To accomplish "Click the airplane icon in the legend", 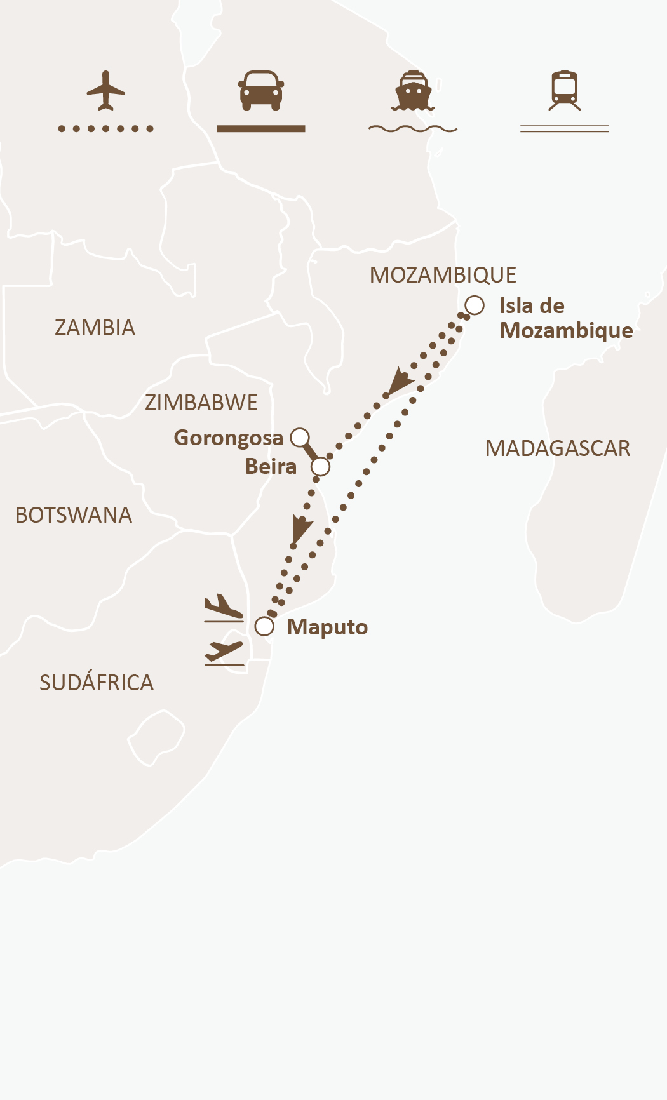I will coord(105,91).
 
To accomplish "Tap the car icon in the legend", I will coord(261,90).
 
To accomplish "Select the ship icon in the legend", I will coord(413,91).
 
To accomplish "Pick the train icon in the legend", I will coord(565,91).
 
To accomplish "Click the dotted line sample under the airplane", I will coord(105,129).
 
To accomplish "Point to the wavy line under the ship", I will coord(413,129).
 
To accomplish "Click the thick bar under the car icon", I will coord(261,129).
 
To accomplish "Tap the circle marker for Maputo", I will coord(264,627).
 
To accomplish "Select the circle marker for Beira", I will coord(321,467).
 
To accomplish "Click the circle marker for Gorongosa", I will coord(300,438).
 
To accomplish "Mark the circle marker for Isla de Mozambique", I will coord(475,305).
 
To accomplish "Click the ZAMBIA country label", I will coord(95,328).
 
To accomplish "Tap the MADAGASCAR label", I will coord(557,448).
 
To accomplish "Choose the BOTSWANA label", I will coord(74,515).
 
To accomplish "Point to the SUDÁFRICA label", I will coord(97,683).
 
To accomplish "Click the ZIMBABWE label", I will coord(201,403).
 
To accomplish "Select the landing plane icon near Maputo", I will coord(224,608).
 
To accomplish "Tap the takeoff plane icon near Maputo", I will coord(224,652).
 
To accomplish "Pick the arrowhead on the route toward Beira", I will coord(398,382).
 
